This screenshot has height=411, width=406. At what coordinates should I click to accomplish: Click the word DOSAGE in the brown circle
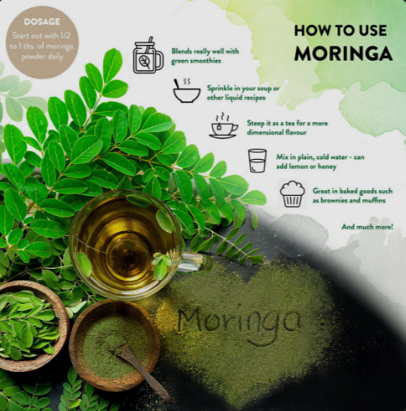click(x=42, y=22)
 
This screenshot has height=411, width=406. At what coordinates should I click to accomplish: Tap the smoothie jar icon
click(x=148, y=55)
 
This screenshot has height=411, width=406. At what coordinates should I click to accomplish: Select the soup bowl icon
click(x=186, y=90)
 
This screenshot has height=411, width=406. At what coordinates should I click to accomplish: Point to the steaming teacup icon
click(x=223, y=126)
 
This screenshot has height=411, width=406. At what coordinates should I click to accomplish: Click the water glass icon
click(x=257, y=161)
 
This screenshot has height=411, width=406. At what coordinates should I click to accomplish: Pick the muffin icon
click(x=293, y=194)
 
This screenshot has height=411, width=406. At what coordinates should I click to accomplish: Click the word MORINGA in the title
click(x=343, y=54)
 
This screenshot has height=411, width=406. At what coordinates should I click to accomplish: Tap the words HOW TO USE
click(x=340, y=30)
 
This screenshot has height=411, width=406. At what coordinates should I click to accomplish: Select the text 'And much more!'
click(x=368, y=227)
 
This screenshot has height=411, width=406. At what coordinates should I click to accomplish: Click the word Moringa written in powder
click(x=239, y=322)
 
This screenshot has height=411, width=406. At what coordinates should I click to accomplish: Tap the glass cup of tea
click(x=125, y=245)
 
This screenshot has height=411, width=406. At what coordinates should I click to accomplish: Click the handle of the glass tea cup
click(x=197, y=262)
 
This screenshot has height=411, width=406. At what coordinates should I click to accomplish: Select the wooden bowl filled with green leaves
click(x=30, y=325)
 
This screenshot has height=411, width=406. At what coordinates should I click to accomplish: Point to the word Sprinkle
click(x=219, y=88)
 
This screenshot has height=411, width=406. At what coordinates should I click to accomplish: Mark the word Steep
click(x=256, y=123)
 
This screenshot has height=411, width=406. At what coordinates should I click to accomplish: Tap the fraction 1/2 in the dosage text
click(x=66, y=35)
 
